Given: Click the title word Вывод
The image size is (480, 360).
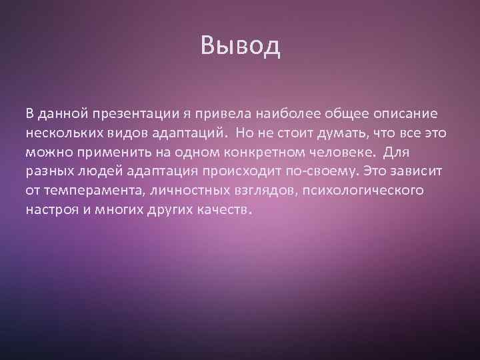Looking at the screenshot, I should (240, 47).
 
